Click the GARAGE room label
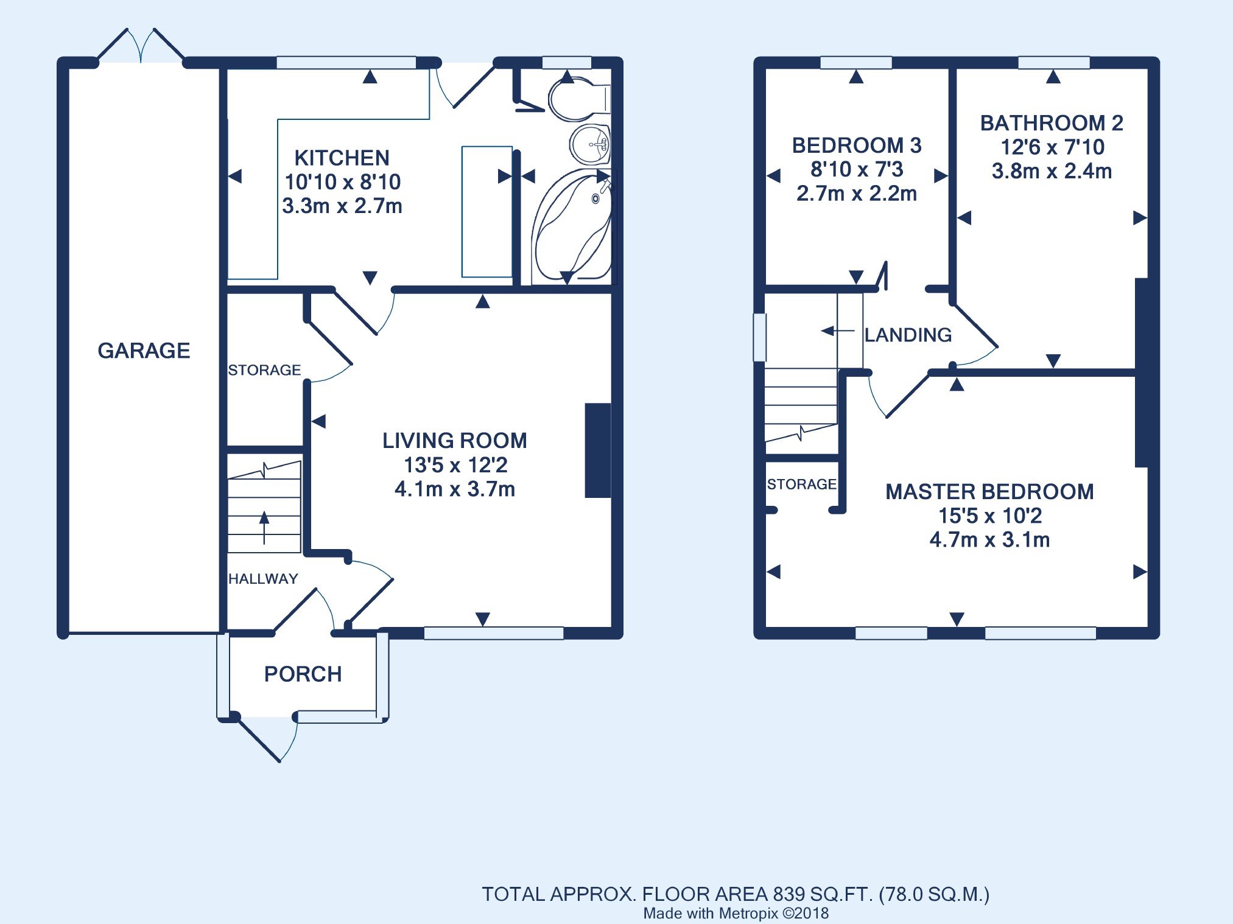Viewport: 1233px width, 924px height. point(144,351)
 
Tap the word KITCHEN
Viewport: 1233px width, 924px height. point(342,158)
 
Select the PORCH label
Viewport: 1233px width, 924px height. point(303,674)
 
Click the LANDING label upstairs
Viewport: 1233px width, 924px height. point(908,335)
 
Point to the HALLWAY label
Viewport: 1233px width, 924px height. point(263,579)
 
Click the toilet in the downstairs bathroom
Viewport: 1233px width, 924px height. point(579,99)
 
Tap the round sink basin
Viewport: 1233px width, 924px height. point(590,144)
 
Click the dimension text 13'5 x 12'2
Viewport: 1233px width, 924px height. point(455,465)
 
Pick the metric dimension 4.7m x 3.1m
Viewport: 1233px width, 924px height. point(989,540)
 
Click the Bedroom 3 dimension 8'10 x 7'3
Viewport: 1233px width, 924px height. point(857,169)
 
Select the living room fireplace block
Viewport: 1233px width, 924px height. point(598,450)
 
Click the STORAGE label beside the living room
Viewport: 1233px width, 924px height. point(264,370)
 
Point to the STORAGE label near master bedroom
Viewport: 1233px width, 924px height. point(801,485)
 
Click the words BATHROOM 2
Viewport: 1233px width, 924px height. point(1052,123)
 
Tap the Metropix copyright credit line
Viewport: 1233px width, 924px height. point(736,913)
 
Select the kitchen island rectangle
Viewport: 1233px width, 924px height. point(487,212)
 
